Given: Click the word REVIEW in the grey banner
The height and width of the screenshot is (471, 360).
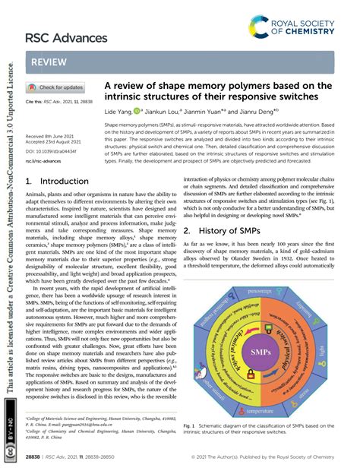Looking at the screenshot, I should pos(49,60).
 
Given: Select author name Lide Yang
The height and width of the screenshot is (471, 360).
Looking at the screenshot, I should pos(117,111).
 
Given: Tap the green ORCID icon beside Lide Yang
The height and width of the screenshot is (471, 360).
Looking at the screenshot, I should pos(137,111).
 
